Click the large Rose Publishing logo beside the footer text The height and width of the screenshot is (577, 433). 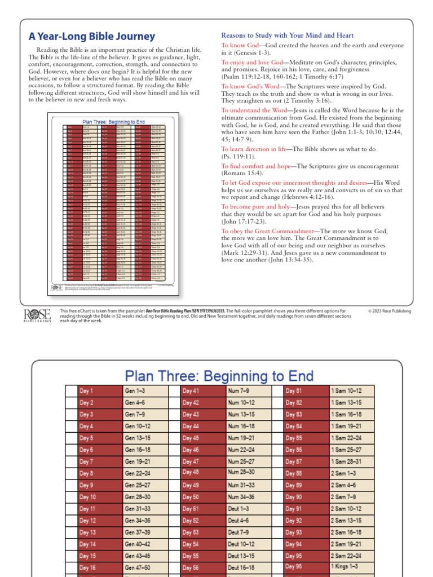coord(37,316)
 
